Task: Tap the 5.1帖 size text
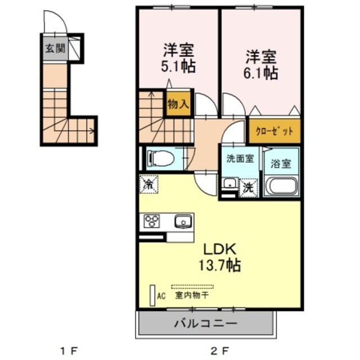(179, 66)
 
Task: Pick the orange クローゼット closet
(274, 131)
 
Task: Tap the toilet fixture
(160, 158)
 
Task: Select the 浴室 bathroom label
(281, 164)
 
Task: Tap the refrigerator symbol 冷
(149, 184)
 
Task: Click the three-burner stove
(153, 222)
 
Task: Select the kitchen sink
(183, 222)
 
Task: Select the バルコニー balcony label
(205, 324)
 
